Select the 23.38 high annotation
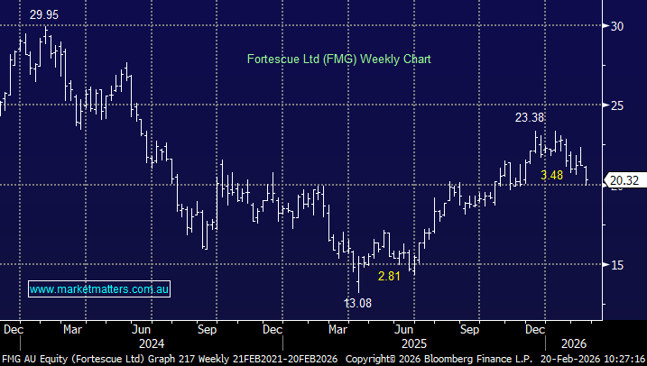(x=531, y=117)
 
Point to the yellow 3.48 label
(x=552, y=175)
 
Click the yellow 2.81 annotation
(x=390, y=276)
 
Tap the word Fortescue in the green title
(x=273, y=59)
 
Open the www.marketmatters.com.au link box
(x=99, y=289)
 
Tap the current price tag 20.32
(x=624, y=180)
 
